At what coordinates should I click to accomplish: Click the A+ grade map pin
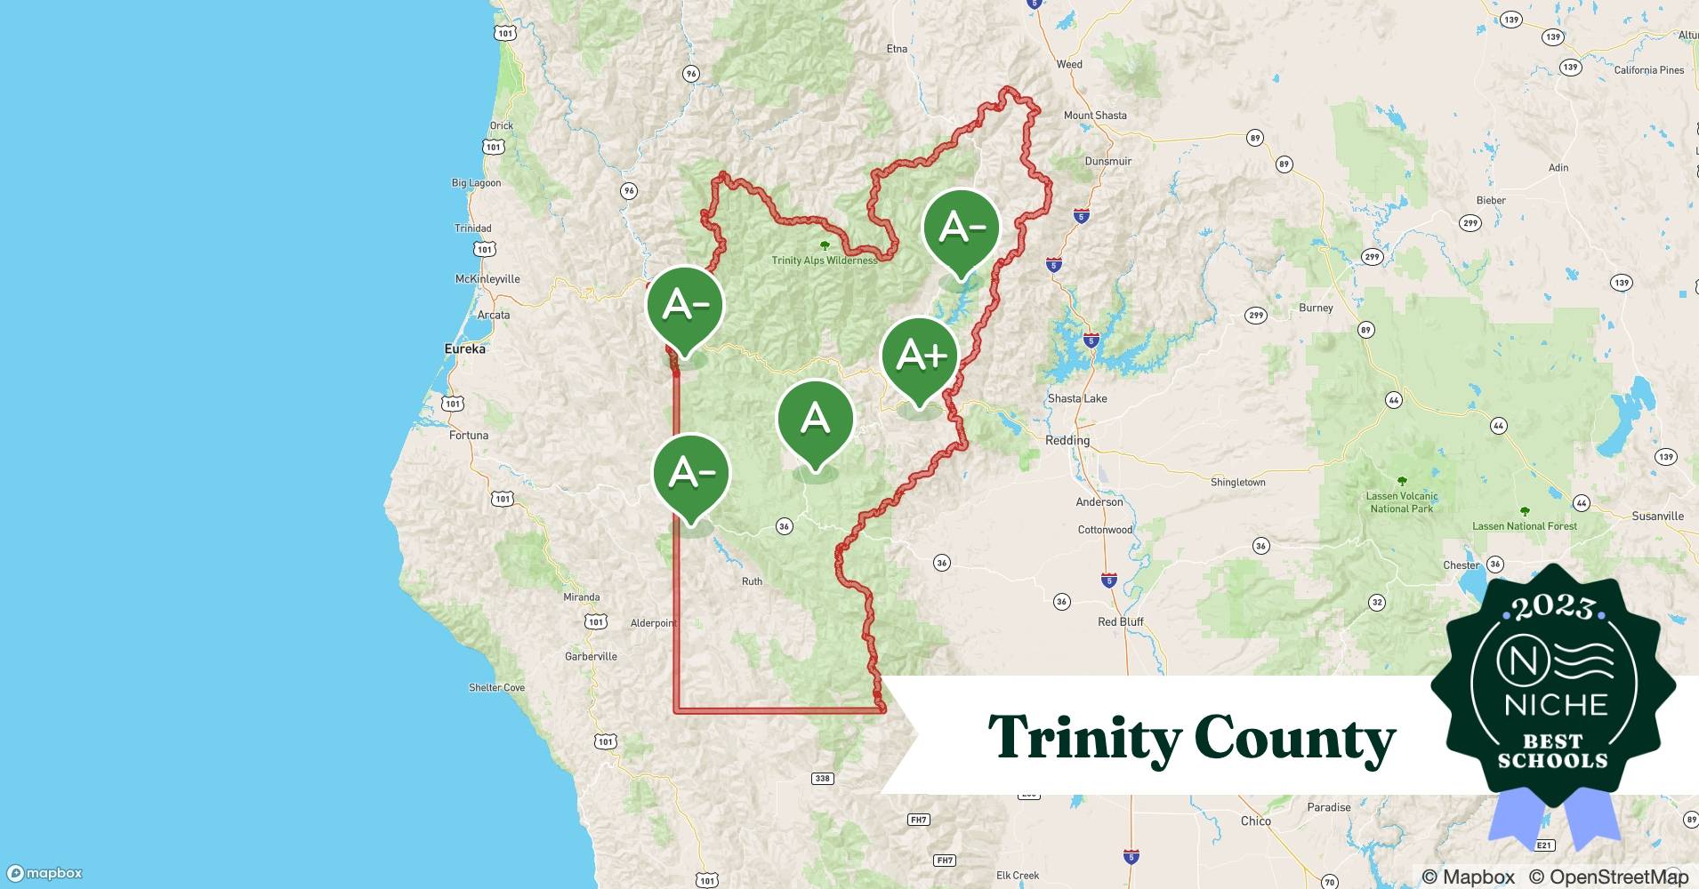[920, 357]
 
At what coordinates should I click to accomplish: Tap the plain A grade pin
[815, 420]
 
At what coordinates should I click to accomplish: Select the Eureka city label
[464, 349]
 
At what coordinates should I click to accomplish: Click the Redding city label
[1067, 440]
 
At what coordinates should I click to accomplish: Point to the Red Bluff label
[1120, 621]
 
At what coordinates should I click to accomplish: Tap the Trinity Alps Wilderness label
[824, 260]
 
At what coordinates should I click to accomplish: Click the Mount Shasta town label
[1094, 116]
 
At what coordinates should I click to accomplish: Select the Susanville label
[1657, 516]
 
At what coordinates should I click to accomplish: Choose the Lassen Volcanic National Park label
[1401, 502]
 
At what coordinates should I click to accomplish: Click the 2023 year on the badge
[1552, 607]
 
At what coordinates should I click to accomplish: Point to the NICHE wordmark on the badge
[1556, 705]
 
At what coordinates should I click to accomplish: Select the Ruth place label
[752, 581]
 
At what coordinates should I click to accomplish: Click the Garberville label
[591, 657]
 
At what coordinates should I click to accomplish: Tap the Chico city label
[1255, 821]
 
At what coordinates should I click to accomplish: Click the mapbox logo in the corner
[45, 874]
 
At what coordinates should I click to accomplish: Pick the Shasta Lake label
[1076, 398]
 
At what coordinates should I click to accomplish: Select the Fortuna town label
[468, 436]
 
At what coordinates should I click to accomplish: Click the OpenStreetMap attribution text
[1608, 877]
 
